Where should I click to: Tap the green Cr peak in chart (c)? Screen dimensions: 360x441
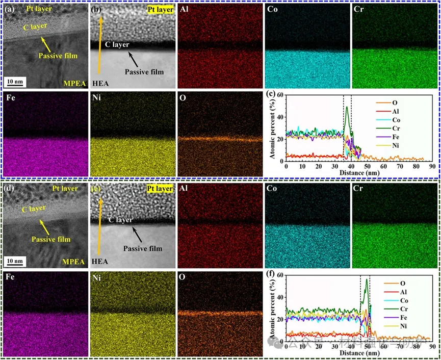(x=347, y=107)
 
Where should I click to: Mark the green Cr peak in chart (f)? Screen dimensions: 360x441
(x=366, y=279)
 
